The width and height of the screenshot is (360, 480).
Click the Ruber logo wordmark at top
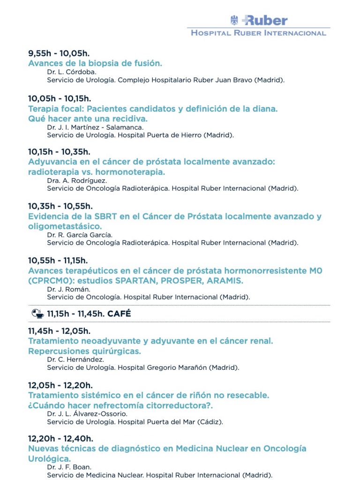pos(265,20)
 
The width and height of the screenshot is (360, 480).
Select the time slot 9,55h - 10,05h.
pos(59,52)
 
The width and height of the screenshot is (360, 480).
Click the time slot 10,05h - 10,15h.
pos(60,98)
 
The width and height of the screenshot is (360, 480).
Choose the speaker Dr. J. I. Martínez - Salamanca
pos(95,127)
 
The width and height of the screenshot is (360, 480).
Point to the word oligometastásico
pos(65,226)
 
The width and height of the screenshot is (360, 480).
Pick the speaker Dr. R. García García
pos(80,235)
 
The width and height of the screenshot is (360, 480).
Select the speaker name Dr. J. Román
pos(68,289)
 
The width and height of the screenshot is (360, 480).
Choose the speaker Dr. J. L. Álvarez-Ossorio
pos(87,413)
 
